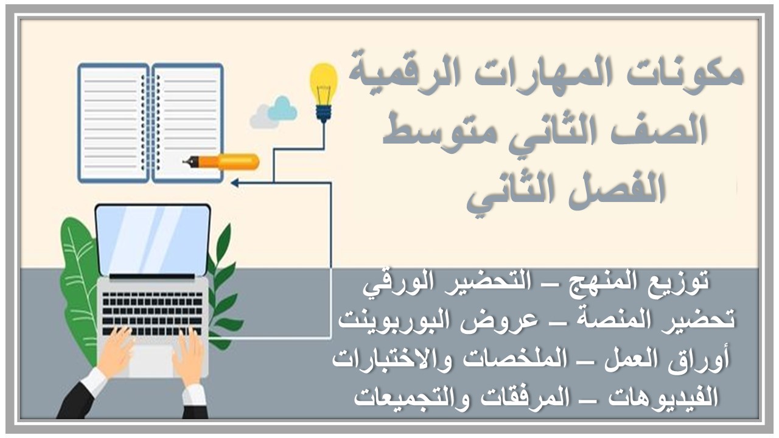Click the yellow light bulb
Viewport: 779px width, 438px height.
click(x=323, y=85)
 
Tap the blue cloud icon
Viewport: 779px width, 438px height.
click(x=282, y=109)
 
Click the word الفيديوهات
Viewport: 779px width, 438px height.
click(x=651, y=397)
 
